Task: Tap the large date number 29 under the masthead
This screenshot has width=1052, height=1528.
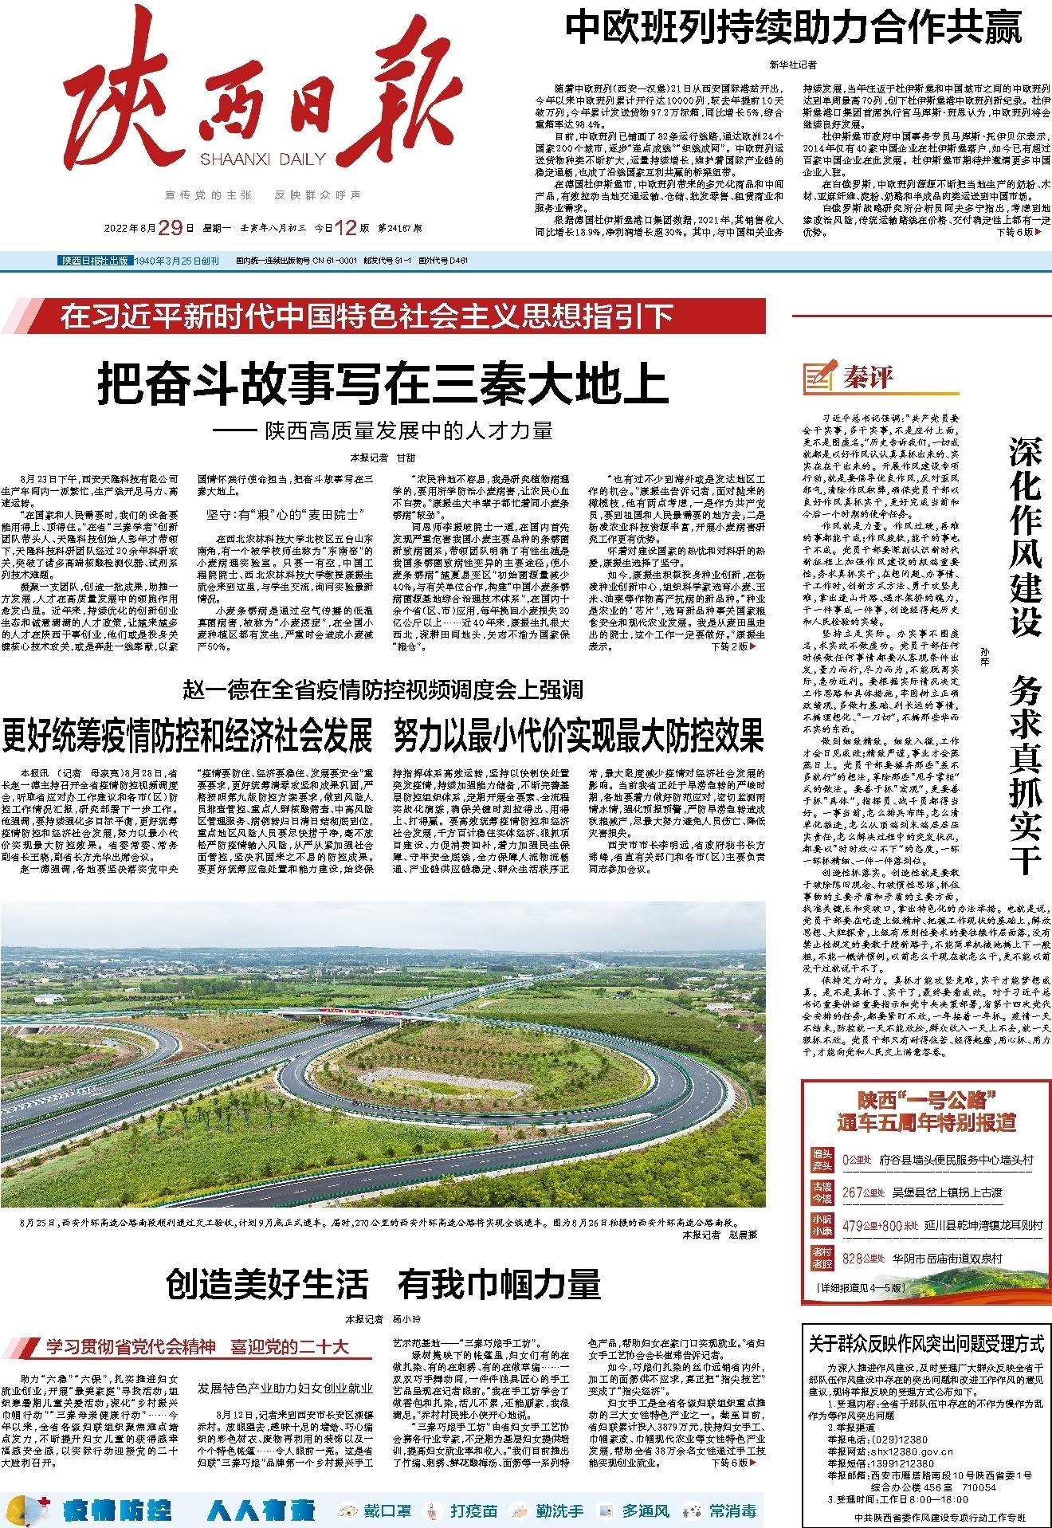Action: (171, 228)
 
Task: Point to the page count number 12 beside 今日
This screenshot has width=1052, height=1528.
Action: (344, 228)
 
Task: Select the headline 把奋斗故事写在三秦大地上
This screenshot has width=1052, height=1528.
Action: (383, 385)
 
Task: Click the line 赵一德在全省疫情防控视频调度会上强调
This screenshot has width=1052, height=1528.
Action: (383, 689)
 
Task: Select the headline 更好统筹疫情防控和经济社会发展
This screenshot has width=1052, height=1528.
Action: (188, 734)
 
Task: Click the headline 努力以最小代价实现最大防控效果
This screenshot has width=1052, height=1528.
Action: (579, 734)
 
